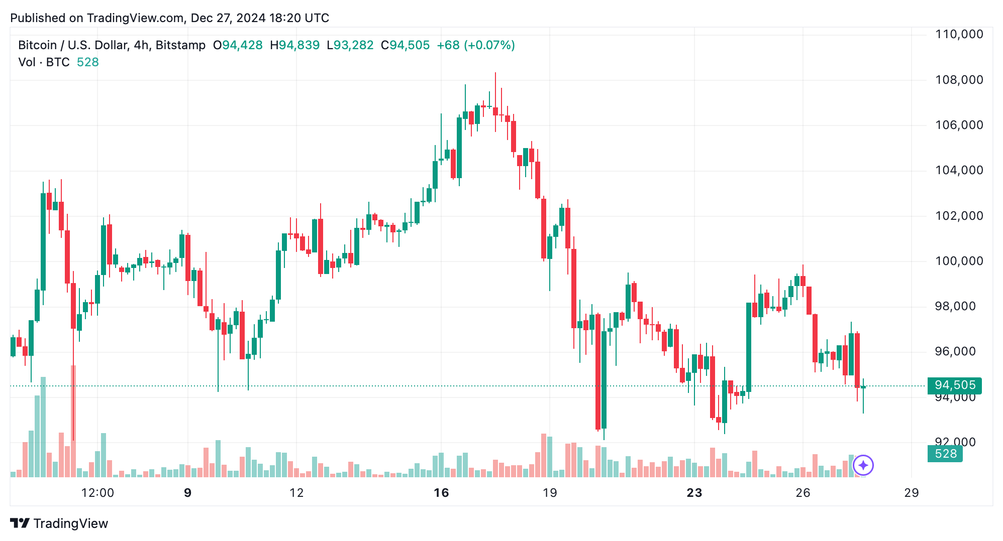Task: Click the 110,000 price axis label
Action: pos(959,35)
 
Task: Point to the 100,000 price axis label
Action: pos(959,261)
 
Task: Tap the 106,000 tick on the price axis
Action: pos(959,125)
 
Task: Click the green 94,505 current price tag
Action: pos(954,385)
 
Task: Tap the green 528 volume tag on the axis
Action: pos(945,454)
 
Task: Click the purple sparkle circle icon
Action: pos(863,465)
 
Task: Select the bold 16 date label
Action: pos(441,493)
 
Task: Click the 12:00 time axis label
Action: pos(97,493)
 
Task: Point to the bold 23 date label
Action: pos(694,493)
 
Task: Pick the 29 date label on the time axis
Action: pos(912,493)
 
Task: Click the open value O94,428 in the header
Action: pos(238,45)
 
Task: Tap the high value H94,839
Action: pos(294,45)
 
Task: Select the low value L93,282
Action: pos(350,45)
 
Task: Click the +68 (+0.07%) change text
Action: pos(476,45)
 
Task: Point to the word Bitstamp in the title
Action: pos(180,45)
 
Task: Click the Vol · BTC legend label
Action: pos(44,62)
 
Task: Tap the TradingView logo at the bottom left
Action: pos(59,523)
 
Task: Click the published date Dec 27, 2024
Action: pos(228,18)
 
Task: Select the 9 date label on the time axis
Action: pos(188,493)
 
